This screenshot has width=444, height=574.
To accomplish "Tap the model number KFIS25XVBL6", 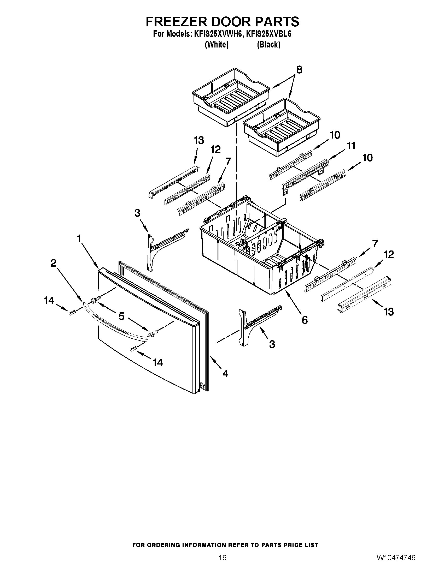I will click(x=268, y=34).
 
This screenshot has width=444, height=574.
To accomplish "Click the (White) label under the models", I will click(x=217, y=45).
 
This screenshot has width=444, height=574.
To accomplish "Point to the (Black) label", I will click(x=268, y=45).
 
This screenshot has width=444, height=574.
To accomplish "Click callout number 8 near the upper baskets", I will click(x=299, y=70).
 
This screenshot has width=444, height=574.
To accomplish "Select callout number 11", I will click(x=351, y=146).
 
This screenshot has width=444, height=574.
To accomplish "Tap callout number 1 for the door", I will click(x=79, y=239).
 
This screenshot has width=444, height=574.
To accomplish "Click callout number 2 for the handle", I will click(x=53, y=263).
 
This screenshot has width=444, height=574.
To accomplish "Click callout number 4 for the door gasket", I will click(x=225, y=373).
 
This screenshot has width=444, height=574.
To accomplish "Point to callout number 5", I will click(x=121, y=316).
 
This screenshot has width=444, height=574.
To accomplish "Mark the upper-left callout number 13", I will click(x=199, y=141).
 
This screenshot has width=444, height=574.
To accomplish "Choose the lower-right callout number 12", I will click(x=389, y=254).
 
